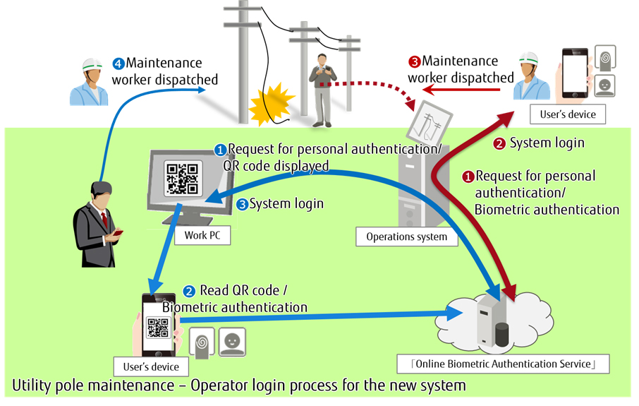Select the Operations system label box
click(x=406, y=237)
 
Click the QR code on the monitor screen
click(x=181, y=179)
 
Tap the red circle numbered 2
click(x=499, y=144)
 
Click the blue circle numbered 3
click(x=241, y=205)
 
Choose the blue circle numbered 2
click(x=189, y=291)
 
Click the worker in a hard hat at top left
click(x=89, y=81)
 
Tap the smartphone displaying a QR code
click(x=159, y=325)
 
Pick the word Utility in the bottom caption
click(x=32, y=386)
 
